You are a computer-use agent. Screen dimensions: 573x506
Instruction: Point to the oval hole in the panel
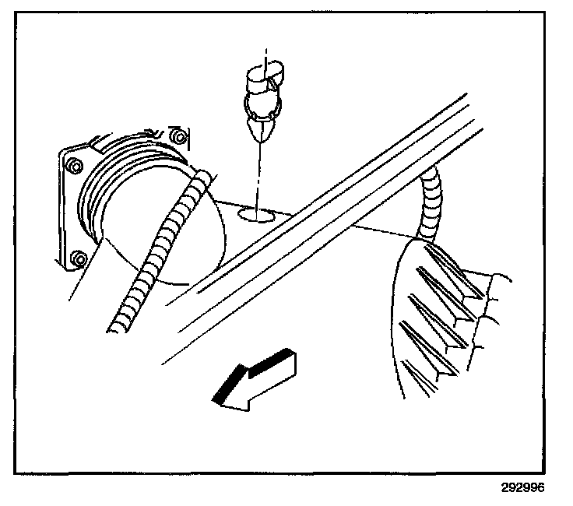coord(256,214)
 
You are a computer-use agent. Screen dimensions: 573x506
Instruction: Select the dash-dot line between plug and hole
coord(258,175)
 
